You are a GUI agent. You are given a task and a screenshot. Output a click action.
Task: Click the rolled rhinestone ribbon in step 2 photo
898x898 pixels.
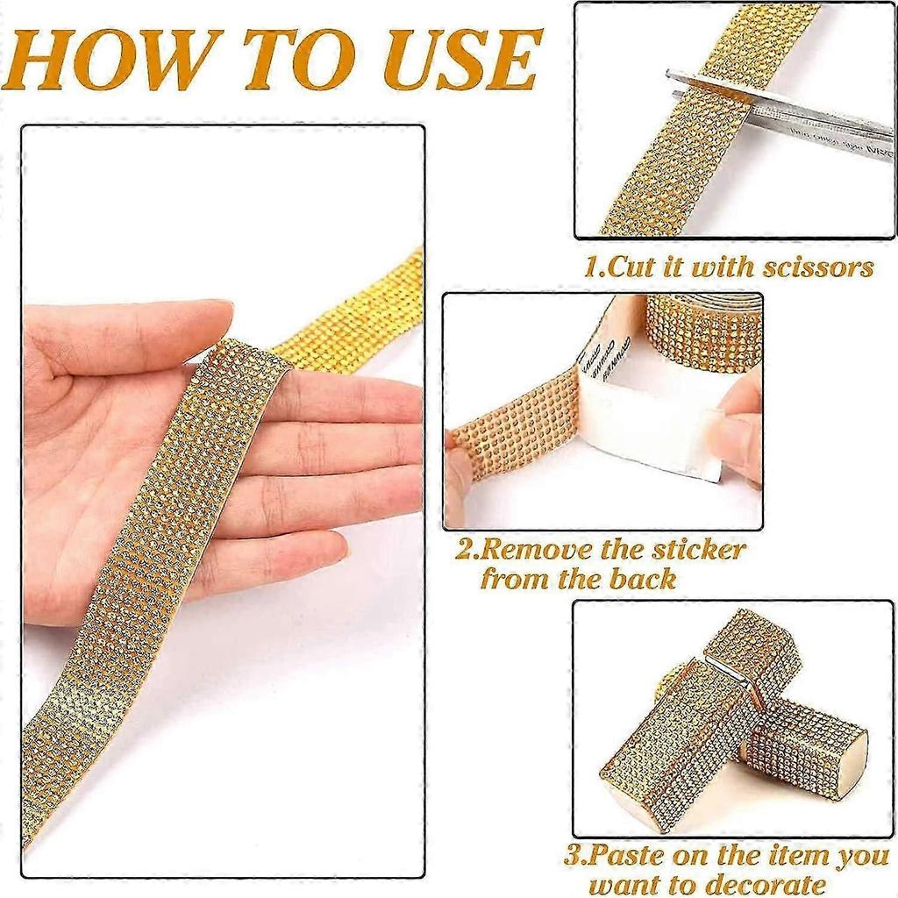pos(702,329)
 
